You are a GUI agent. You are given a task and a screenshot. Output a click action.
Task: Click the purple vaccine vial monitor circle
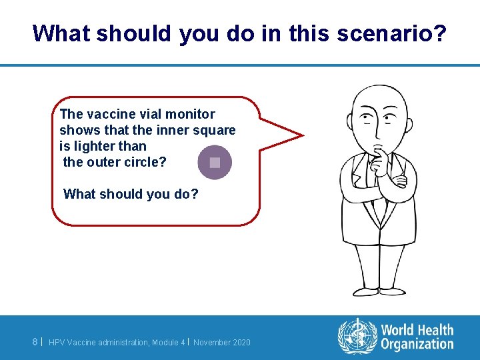point(215,162)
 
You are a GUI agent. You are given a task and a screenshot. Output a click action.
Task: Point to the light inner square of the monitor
point(215,162)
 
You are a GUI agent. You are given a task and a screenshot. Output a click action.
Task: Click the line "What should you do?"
point(131,194)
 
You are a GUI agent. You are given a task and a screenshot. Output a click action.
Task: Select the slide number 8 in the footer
point(35,342)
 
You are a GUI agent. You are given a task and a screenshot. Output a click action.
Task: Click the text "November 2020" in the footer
point(222,342)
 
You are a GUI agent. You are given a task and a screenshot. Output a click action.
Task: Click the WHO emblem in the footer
point(357,336)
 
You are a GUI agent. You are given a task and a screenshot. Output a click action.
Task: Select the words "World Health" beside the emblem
point(417,330)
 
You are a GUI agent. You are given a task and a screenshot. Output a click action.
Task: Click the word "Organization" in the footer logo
point(417,344)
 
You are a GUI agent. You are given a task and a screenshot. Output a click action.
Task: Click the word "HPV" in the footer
point(57,342)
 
